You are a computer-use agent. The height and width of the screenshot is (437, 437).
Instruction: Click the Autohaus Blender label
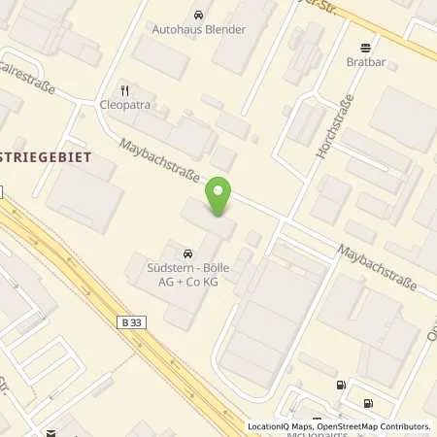pyautogui.click(x=199, y=29)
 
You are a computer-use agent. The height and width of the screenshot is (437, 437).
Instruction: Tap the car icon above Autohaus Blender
pyautogui.click(x=199, y=15)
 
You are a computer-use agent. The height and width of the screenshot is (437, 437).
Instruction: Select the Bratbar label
pyautogui.click(x=365, y=61)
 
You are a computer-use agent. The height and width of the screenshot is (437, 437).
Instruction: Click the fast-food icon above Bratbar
pyautogui.click(x=365, y=47)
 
